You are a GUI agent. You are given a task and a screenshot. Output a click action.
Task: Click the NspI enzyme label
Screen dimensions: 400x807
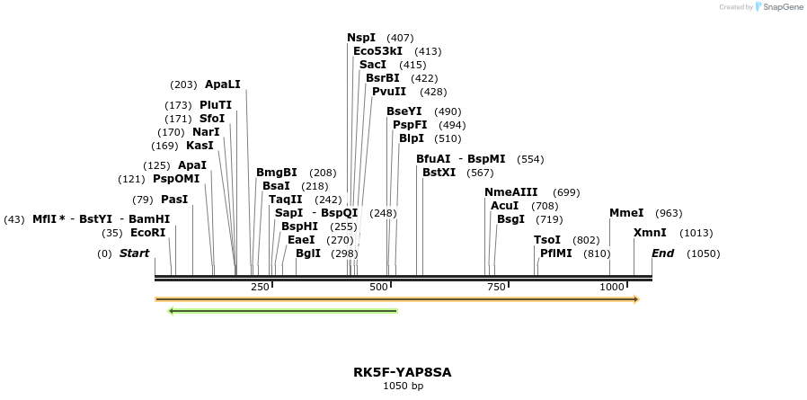[361, 38]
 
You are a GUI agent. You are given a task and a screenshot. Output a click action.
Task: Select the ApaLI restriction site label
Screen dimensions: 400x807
[223, 84]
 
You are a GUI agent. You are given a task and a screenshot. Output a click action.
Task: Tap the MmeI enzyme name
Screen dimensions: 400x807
[626, 213]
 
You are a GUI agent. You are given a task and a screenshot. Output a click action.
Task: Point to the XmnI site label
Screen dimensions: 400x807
[650, 233]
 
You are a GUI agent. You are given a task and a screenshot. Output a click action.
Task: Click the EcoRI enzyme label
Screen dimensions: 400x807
[148, 233]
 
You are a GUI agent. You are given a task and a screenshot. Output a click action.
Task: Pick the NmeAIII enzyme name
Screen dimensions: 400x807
[510, 192]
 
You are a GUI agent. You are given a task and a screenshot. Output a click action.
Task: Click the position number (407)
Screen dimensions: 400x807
[400, 38]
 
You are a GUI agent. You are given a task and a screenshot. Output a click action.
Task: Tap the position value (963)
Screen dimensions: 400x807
[669, 213]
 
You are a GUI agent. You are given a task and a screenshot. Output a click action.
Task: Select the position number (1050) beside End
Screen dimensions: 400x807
[703, 253]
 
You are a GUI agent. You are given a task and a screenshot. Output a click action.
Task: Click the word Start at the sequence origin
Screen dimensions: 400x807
[134, 253]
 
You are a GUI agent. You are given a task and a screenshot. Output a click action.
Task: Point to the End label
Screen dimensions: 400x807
[662, 253]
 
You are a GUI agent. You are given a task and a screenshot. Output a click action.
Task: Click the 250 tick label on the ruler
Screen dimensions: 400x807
[260, 287]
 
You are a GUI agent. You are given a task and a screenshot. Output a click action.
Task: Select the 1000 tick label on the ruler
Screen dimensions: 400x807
[612, 287]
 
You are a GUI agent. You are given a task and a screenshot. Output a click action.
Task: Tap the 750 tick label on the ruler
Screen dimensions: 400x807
[495, 287]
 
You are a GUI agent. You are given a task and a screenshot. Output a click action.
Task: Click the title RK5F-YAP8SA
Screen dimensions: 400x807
[403, 370]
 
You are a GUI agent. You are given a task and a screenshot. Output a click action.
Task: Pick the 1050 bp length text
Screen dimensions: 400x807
[403, 386]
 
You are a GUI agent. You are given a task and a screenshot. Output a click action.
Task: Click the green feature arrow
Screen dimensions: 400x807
[283, 311]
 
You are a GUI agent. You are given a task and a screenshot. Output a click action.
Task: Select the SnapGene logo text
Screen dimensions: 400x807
[780, 7]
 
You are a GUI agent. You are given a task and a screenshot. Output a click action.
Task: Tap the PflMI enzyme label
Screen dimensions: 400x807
[555, 253]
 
